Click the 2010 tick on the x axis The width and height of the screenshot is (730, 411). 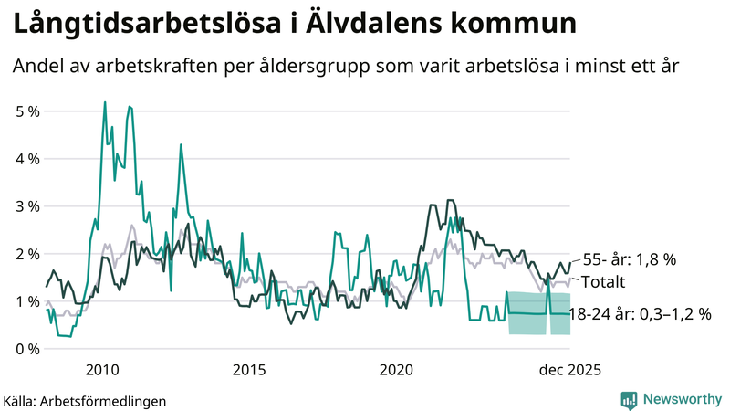[x=101, y=369]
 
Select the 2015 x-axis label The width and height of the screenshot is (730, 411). [x=249, y=369]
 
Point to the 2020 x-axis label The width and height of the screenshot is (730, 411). [x=397, y=369]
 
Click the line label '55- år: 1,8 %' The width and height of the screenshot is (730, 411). [x=629, y=259]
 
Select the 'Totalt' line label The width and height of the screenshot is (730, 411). [x=603, y=280]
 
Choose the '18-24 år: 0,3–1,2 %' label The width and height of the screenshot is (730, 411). [x=639, y=314]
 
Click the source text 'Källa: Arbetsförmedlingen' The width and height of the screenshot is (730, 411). [x=87, y=400]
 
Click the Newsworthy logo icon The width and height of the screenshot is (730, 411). [x=629, y=399]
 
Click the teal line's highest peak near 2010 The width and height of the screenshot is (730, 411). [x=105, y=102]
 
